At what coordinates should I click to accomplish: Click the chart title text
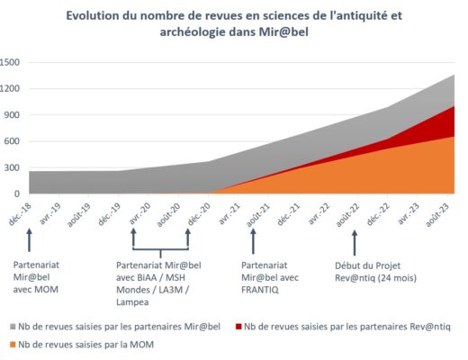(x=234, y=23)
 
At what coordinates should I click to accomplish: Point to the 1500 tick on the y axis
(x=10, y=62)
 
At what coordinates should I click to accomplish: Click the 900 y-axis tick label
(x=12, y=115)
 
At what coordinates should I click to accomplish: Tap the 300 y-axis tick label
(x=12, y=167)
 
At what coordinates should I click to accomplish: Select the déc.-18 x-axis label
(x=21, y=214)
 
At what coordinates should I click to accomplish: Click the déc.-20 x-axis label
(x=199, y=214)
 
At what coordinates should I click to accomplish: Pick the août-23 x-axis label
(x=438, y=215)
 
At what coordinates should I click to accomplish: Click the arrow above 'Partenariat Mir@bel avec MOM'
(x=29, y=240)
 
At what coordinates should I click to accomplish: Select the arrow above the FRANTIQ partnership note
(x=253, y=241)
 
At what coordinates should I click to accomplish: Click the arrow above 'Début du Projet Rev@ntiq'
(x=355, y=243)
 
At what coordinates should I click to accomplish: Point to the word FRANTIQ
(x=260, y=290)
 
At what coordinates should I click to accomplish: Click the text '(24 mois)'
(x=397, y=278)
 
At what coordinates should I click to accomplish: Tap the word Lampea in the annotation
(x=132, y=302)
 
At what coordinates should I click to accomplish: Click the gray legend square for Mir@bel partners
(x=13, y=327)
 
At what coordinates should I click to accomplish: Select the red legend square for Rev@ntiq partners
(x=238, y=327)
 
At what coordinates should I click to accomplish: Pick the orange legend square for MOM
(x=13, y=345)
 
